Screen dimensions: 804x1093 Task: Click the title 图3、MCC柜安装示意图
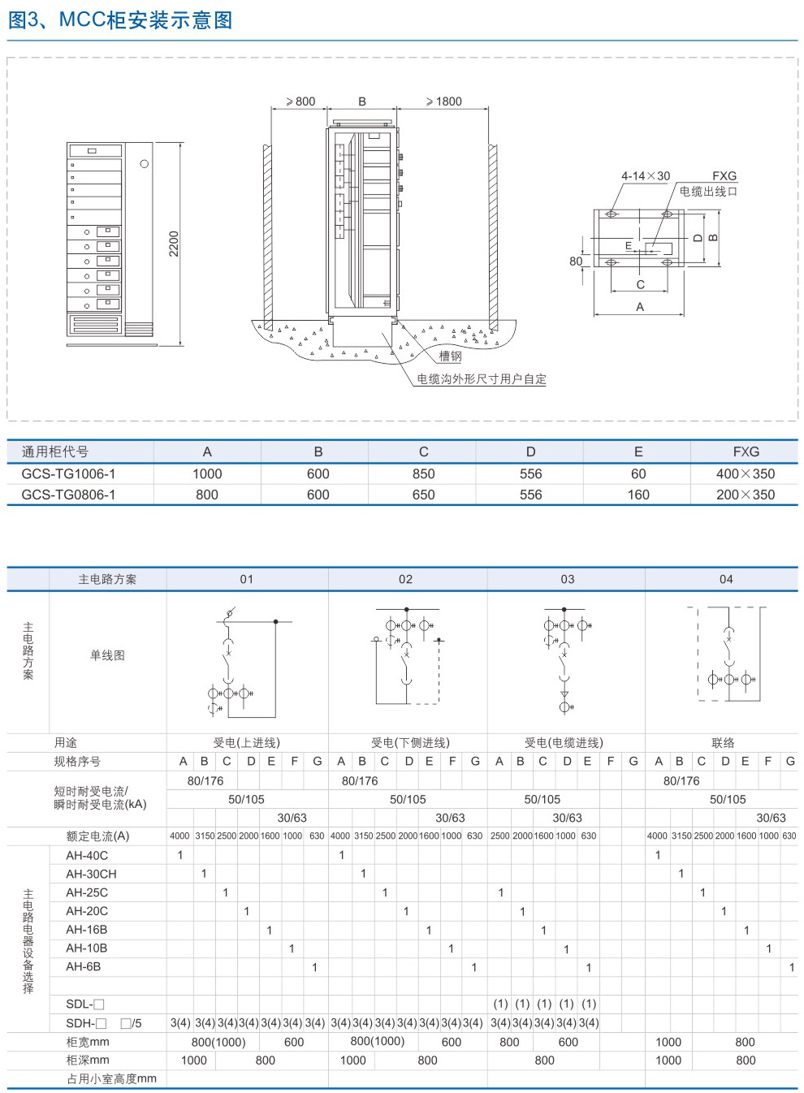[120, 20]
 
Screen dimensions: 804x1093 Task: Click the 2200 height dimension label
[174, 244]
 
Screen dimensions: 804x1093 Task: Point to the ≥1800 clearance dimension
[444, 101]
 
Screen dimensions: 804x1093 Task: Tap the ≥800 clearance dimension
[300, 101]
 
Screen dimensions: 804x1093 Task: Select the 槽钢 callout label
[450, 356]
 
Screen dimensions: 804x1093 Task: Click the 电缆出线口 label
[708, 192]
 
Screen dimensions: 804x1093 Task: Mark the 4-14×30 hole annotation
[646, 175]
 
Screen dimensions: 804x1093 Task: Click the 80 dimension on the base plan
[576, 261]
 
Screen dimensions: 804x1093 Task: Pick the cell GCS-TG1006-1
[68, 473]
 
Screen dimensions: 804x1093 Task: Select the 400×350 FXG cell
[746, 473]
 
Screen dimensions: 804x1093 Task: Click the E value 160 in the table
[638, 495]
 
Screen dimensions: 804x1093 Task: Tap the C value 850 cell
[423, 473]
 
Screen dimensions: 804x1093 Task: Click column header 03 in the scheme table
[568, 579]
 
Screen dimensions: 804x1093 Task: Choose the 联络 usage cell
[723, 743]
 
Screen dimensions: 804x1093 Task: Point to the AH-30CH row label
[91, 874]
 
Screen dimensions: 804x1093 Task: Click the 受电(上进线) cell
[247, 743]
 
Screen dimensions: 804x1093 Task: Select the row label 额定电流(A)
[97, 836]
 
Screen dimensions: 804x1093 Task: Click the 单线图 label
[107, 655]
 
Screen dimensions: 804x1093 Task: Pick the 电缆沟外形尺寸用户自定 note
[482, 379]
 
